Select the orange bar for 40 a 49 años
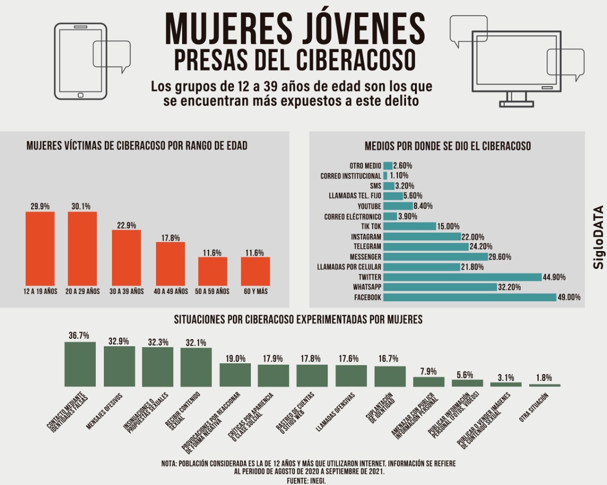[x=170, y=264]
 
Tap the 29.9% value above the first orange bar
[x=40, y=207]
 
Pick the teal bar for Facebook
[x=469, y=297]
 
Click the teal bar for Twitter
[x=462, y=277]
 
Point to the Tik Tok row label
[x=371, y=226]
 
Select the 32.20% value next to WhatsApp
[x=509, y=287]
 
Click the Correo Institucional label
[x=350, y=176]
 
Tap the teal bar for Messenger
[x=435, y=257]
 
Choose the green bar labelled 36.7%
[x=80, y=364]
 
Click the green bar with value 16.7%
[x=390, y=376]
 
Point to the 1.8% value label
[x=544, y=377]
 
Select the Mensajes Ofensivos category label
[x=104, y=411]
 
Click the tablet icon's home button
[x=80, y=95]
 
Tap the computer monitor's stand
[x=516, y=100]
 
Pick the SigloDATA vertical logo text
[x=598, y=237]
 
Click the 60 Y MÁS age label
[x=256, y=291]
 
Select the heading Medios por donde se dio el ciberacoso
[x=447, y=146]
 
